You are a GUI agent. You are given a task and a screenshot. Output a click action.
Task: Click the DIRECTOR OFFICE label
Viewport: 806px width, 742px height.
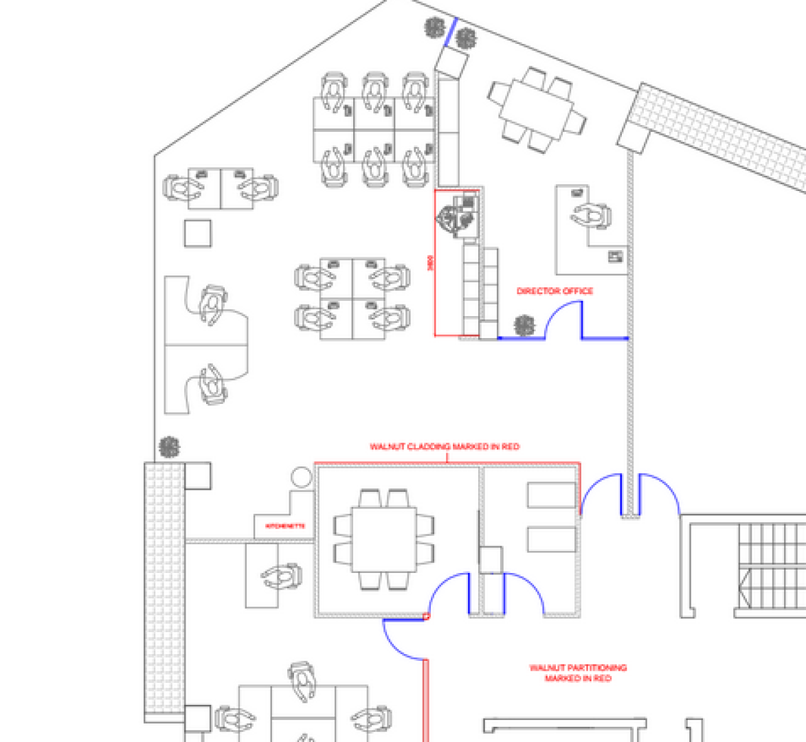pos(555,291)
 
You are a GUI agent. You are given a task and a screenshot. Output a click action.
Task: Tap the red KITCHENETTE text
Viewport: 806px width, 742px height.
pos(284,526)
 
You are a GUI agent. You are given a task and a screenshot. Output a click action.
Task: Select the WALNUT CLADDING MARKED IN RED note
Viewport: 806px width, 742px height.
pos(445,447)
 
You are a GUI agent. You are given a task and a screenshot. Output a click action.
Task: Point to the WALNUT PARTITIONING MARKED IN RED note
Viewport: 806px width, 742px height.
pos(578,673)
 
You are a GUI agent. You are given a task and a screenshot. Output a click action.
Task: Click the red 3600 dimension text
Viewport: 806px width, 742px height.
pos(431,263)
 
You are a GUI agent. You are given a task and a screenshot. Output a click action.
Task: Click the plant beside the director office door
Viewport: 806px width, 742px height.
pos(525,326)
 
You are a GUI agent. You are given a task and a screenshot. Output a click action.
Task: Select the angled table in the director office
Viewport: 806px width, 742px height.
pos(537,109)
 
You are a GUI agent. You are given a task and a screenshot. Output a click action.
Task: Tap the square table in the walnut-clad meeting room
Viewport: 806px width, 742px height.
pos(384,539)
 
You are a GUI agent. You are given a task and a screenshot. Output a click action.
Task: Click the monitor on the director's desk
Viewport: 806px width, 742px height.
pos(615,257)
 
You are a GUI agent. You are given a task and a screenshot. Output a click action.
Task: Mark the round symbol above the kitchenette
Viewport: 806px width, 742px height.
pos(301,477)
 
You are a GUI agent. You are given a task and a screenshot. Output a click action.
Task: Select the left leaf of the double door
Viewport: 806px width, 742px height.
pos(600,493)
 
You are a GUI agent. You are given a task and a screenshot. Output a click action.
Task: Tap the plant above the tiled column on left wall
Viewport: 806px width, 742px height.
pos(169,447)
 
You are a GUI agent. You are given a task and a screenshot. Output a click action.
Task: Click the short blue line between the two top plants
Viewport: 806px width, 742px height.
pos(451,32)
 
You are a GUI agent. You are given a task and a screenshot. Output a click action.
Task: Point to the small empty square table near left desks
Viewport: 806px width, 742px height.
pos(198,234)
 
